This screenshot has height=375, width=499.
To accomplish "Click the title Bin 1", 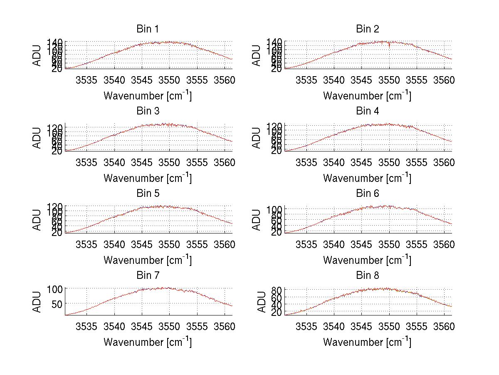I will [x=147, y=29].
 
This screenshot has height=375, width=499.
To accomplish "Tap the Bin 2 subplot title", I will [x=367, y=29].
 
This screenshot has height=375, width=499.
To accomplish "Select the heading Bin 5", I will [x=147, y=194].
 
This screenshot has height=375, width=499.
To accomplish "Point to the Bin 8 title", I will [x=367, y=276].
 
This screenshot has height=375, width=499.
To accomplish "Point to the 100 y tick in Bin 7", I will [x=57, y=288].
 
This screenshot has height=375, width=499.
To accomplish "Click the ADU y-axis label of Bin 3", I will [x=37, y=138].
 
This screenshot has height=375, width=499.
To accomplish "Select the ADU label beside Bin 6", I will [x=257, y=220].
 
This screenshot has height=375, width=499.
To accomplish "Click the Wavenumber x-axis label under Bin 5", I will [x=147, y=260].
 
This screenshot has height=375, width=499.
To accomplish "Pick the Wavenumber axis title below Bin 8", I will [x=367, y=342].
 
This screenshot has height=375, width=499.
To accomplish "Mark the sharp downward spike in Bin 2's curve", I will [x=389, y=46].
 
